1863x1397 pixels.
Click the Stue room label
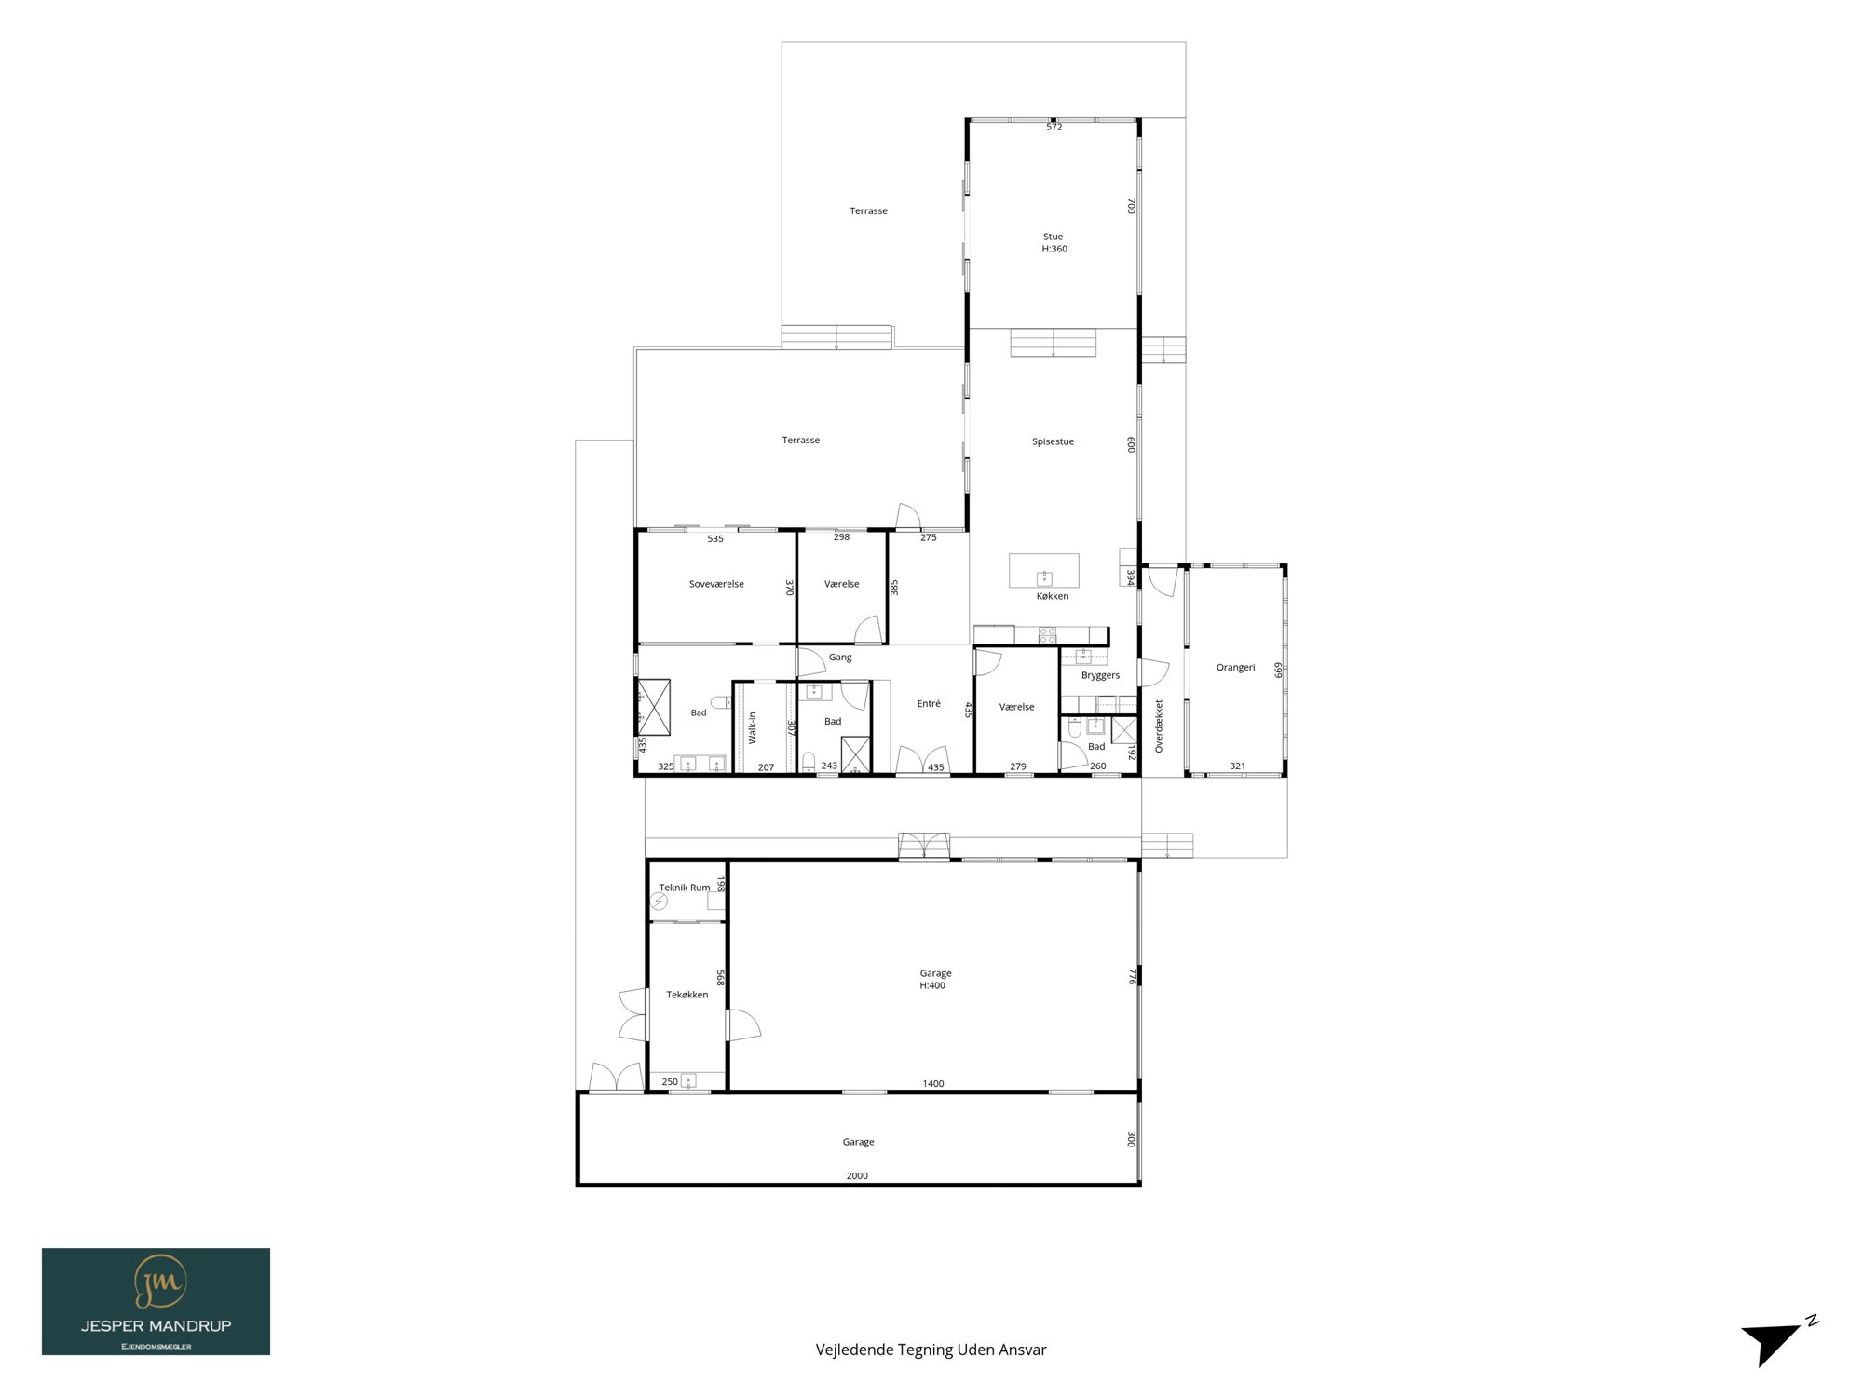(x=1053, y=237)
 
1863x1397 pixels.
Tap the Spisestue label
(x=1053, y=441)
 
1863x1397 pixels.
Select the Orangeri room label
(x=1235, y=668)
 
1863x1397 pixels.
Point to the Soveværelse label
(x=716, y=584)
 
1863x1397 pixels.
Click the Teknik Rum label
(x=685, y=888)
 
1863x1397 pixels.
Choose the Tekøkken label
(x=687, y=995)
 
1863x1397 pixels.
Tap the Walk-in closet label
(x=753, y=727)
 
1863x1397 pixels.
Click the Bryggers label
(x=1100, y=675)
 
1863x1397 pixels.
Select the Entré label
(x=929, y=703)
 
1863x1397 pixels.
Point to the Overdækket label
(x=1159, y=726)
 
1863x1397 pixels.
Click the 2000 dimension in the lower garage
(x=857, y=1175)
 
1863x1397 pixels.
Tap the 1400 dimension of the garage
(x=933, y=1083)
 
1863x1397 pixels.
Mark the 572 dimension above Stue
(x=1054, y=127)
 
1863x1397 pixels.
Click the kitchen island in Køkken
(x=1044, y=570)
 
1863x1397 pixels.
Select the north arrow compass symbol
(x=1777, y=1341)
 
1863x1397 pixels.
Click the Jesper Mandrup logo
(x=156, y=1301)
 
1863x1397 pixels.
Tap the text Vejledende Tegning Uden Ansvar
(x=931, y=1350)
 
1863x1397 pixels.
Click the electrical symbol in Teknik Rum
(x=660, y=902)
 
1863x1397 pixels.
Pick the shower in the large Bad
(x=653, y=708)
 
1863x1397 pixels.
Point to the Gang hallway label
(x=840, y=657)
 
